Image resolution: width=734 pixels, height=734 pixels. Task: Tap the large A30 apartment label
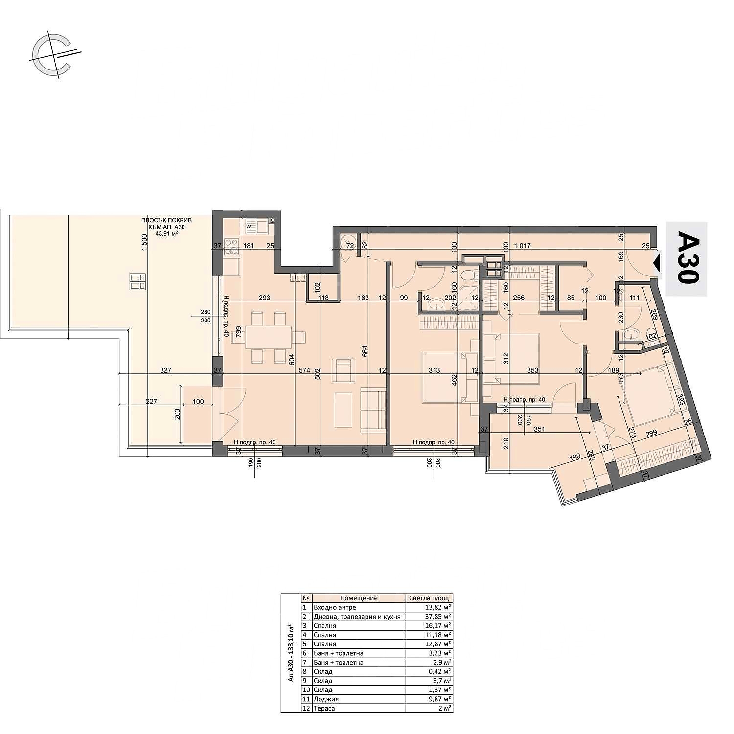688,259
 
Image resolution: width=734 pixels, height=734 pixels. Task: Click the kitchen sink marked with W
254,227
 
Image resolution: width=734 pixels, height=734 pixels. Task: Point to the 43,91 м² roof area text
166,233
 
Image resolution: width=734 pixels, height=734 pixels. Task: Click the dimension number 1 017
522,246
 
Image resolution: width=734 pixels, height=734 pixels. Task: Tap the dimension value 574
304,370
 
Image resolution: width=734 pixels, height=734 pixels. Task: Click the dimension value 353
532,370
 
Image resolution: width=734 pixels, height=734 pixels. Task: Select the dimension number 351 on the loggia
539,429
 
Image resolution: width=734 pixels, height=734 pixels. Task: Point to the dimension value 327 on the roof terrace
165,370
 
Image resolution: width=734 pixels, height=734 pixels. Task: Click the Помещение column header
359,598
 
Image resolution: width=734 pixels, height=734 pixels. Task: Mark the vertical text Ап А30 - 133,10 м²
291,653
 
